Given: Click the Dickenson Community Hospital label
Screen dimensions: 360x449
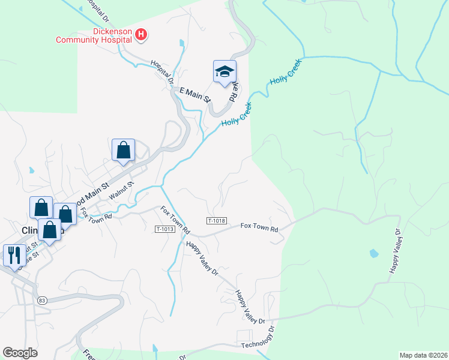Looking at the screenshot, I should pos(94,35).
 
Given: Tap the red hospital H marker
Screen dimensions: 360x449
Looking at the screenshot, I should pos(141,35).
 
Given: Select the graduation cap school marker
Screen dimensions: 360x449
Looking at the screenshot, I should pos(224,71).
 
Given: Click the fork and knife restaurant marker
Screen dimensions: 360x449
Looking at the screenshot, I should pos(13,254).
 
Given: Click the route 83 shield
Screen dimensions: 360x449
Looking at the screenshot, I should pos(41,300).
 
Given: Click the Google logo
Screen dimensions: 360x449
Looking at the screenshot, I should pos(20,353).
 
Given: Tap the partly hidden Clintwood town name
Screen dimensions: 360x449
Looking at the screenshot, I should pos(30,230).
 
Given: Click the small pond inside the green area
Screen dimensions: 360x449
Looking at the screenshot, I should pos(375,253).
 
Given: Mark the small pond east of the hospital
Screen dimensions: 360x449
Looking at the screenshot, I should pos(181,43).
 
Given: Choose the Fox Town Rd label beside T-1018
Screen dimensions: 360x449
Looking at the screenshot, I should pos(259,228).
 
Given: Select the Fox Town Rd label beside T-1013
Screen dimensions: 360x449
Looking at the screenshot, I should pos(175,220).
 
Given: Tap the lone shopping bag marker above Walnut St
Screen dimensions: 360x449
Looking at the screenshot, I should pos(123,151).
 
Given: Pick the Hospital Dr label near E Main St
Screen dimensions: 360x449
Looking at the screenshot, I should pos(163,70).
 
